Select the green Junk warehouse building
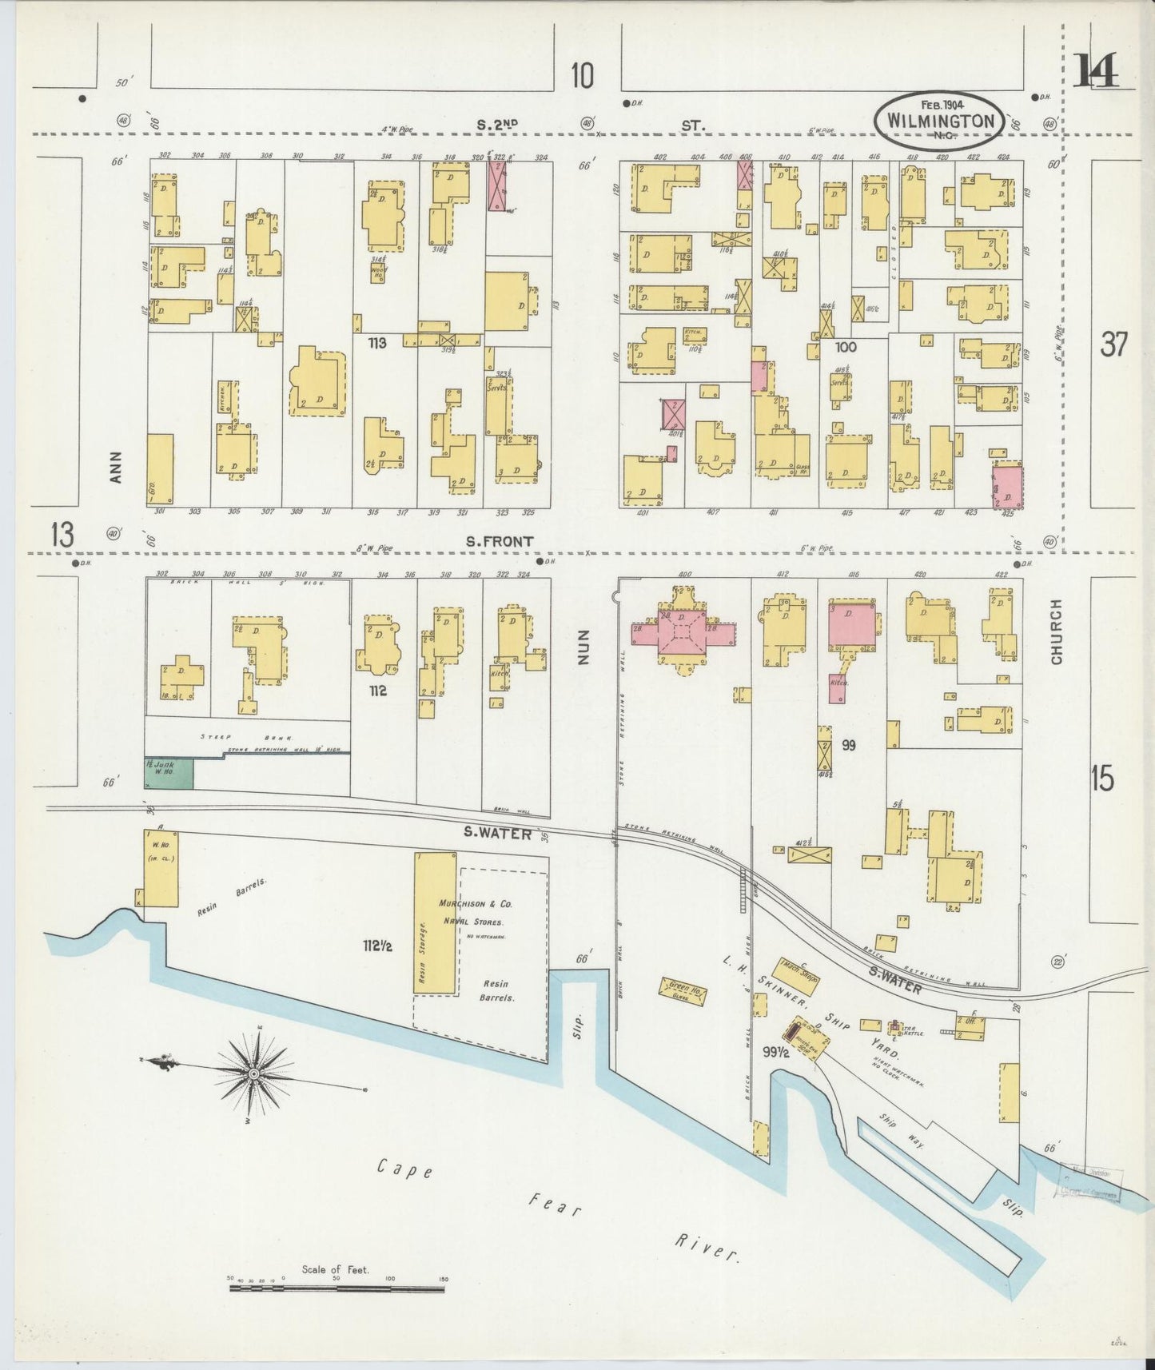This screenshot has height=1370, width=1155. pyautogui.click(x=169, y=773)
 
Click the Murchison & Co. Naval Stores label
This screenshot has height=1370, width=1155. pyautogui.click(x=475, y=913)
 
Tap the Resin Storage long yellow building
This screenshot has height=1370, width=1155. pyautogui.click(x=435, y=922)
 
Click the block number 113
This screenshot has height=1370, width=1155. pyautogui.click(x=377, y=343)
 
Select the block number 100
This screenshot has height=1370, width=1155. pyautogui.click(x=845, y=347)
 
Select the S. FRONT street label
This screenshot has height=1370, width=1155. pyautogui.click(x=500, y=542)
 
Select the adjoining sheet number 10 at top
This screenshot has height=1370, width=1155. pyautogui.click(x=583, y=76)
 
